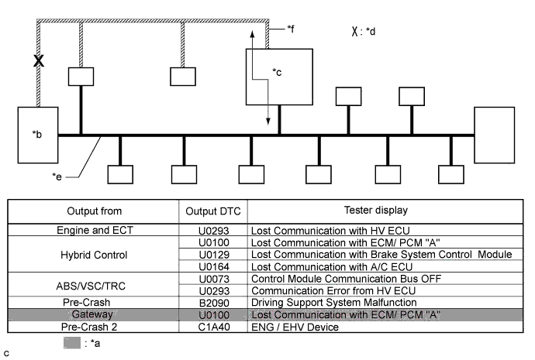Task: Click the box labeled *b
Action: click(38, 135)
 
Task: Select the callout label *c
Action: click(277, 72)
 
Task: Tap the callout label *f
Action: click(290, 29)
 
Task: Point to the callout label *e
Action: click(57, 177)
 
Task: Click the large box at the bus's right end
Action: click(494, 135)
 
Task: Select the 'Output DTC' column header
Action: click(213, 211)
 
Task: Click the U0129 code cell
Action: click(213, 254)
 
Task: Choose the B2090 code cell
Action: click(213, 302)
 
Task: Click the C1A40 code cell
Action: click(213, 326)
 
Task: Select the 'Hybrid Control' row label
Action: click(94, 254)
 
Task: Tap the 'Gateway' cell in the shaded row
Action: click(94, 314)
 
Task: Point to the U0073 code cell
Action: click(213, 278)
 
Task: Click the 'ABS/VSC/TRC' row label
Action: click(94, 284)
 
